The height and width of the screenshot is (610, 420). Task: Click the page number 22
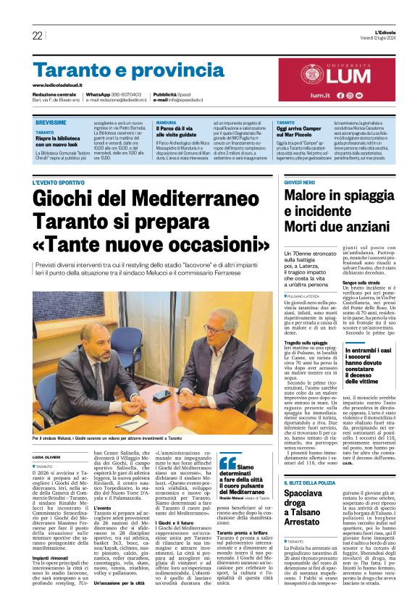click(x=37, y=35)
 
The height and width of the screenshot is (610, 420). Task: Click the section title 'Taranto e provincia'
click(x=108, y=71)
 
